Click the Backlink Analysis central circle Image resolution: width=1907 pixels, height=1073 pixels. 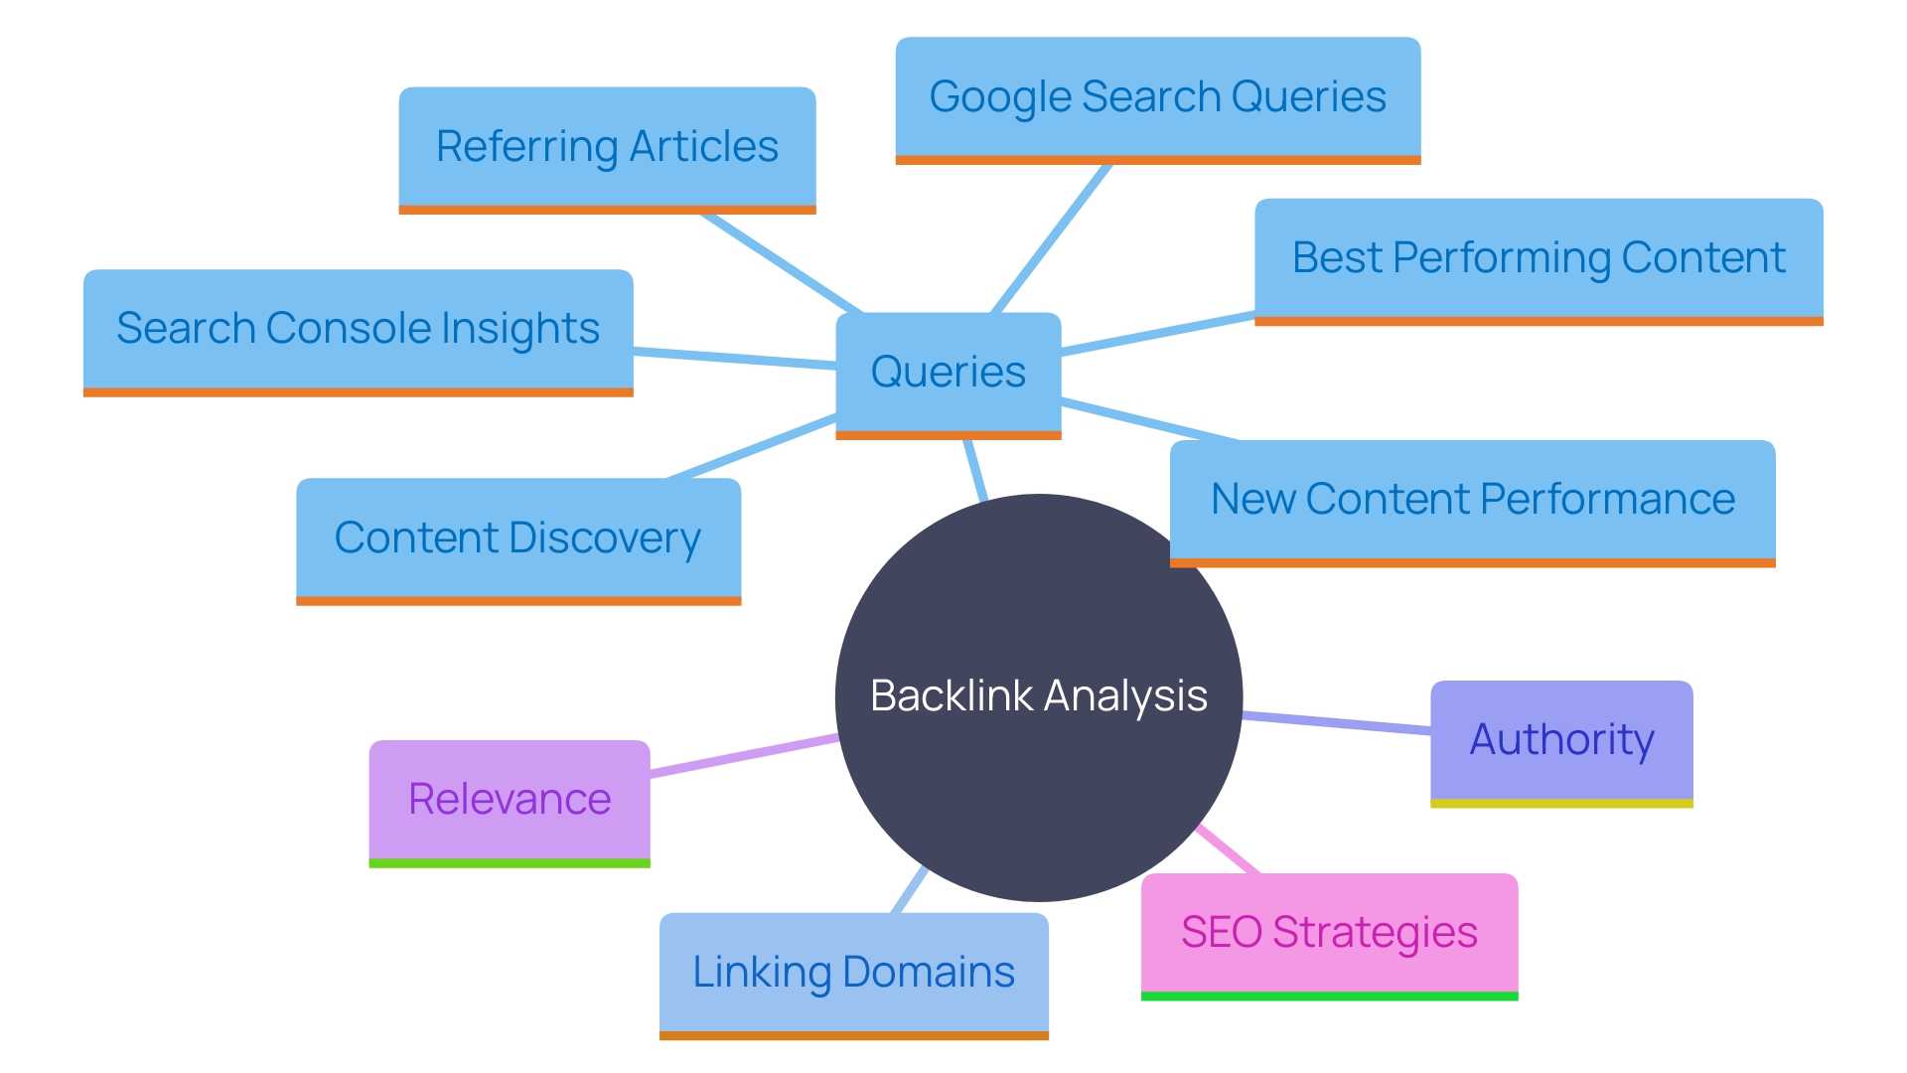[1038, 695]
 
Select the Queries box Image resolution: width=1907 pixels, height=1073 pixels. [949, 373]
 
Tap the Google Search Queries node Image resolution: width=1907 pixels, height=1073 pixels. [1157, 97]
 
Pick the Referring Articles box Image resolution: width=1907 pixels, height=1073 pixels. [607, 147]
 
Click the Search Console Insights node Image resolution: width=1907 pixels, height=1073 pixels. [358, 329]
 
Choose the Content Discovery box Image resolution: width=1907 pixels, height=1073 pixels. [517, 538]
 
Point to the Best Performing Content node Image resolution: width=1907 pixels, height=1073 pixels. [1538, 258]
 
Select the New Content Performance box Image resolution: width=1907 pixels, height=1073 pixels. [1472, 500]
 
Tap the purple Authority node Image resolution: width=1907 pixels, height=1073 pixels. [1561, 740]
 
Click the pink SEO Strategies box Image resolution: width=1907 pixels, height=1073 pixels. [1329, 933]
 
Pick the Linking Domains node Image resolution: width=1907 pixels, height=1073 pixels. [853, 973]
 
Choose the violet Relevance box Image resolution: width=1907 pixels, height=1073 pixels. [510, 800]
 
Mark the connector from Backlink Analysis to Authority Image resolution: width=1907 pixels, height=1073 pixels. [1336, 722]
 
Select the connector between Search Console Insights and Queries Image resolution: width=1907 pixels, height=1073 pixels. [735, 359]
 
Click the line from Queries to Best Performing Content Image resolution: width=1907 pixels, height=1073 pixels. [1157, 334]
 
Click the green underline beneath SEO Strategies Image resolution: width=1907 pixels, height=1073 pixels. [1329, 996]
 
